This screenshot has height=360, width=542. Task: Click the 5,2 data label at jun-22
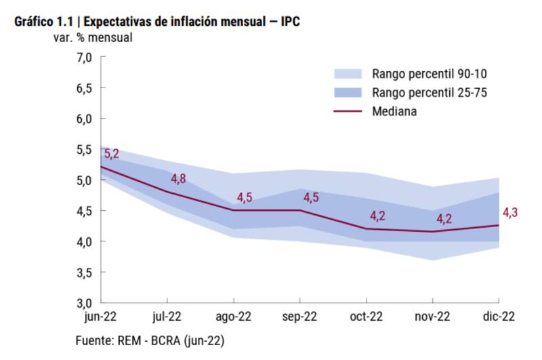(112, 154)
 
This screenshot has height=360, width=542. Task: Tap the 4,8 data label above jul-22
(178, 179)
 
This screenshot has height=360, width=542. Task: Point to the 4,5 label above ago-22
(245, 198)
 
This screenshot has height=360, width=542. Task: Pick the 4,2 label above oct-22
(377, 216)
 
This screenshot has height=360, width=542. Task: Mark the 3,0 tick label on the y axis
(84, 302)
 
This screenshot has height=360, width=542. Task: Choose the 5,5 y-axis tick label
(84, 149)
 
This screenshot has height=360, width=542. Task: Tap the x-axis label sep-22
(299, 317)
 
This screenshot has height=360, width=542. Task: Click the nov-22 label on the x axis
(432, 317)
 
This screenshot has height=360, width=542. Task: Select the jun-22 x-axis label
(100, 317)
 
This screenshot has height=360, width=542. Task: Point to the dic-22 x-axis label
(499, 317)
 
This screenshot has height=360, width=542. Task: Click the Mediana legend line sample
(349, 111)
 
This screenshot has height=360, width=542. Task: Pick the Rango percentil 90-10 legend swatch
(349, 73)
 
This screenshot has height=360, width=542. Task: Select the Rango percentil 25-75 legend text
(430, 92)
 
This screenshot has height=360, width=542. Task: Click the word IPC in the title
(290, 22)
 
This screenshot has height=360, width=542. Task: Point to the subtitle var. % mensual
(93, 37)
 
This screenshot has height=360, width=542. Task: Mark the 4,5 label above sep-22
(311, 198)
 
